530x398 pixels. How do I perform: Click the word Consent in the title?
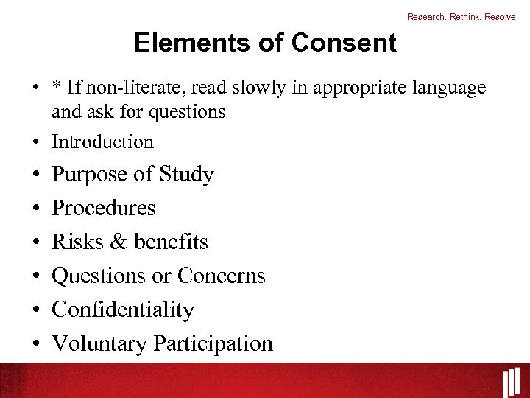344,43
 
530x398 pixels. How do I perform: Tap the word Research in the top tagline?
425,16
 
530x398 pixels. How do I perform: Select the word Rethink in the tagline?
464,16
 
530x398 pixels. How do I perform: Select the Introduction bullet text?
102,142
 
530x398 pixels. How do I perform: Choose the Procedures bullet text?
104,208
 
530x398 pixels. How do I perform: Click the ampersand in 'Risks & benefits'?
119,242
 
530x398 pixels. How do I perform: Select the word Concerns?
221,276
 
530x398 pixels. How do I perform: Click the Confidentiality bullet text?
123,310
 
